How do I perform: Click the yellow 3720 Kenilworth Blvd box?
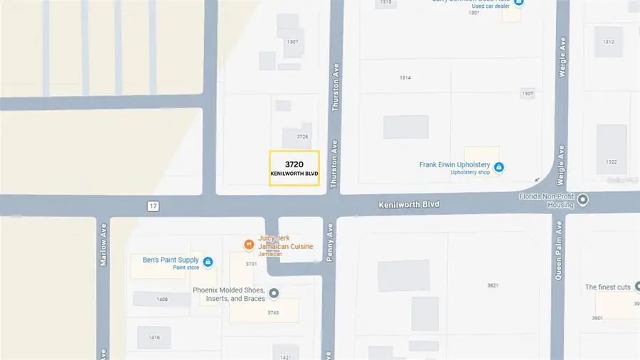coord(294,169)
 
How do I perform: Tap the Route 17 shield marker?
coord(153,206)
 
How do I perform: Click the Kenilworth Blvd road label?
coord(408,204)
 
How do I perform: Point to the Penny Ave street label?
coord(330,244)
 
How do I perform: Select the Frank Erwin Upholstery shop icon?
coord(499,167)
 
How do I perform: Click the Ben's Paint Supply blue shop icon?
coord(208,262)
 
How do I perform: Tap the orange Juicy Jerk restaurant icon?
coord(249,245)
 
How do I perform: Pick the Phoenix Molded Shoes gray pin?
coord(273,293)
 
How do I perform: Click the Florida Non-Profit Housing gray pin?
coord(583,199)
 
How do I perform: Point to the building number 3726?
coord(302,137)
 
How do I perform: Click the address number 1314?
coord(405,78)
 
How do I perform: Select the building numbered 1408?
coord(162,300)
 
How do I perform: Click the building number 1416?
coord(154,337)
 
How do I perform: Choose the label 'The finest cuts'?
coord(607,287)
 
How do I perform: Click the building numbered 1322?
coord(611,162)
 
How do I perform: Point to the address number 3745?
coord(272,312)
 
